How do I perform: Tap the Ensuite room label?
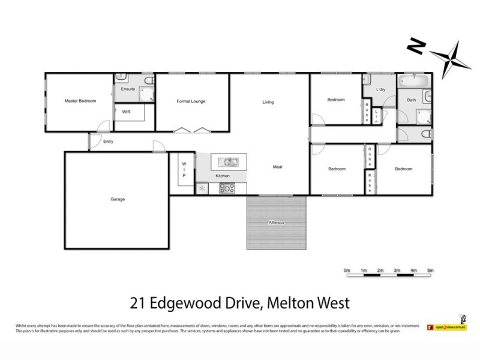click(128, 89)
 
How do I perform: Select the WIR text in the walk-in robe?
click(127, 112)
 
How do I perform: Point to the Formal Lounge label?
click(191, 101)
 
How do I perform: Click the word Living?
click(268, 102)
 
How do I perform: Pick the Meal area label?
click(277, 167)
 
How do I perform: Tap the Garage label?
click(117, 199)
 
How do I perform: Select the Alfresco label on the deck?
click(276, 223)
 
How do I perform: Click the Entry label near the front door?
click(108, 142)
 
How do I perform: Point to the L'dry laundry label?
click(380, 89)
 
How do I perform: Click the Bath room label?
click(411, 100)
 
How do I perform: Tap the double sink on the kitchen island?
click(229, 161)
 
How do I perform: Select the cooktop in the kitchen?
click(228, 188)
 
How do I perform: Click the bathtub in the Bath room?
click(413, 81)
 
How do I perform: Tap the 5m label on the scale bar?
click(430, 271)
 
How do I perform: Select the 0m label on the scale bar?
click(347, 271)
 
